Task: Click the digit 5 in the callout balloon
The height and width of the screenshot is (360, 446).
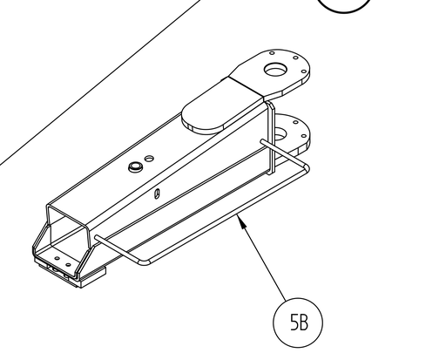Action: tap(294, 323)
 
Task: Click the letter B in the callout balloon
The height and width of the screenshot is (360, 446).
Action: tap(303, 323)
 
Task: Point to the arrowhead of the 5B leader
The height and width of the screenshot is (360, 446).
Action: tap(242, 221)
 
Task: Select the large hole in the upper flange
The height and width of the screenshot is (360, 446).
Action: tap(275, 70)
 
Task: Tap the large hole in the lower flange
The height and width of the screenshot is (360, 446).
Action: tap(280, 134)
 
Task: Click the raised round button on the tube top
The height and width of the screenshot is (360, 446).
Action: tap(134, 167)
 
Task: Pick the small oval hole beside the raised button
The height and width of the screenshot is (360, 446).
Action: tap(149, 159)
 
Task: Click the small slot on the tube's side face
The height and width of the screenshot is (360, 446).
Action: tap(157, 194)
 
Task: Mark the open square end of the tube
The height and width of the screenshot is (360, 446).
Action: tap(69, 228)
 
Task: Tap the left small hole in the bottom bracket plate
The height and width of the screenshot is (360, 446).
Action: tap(57, 258)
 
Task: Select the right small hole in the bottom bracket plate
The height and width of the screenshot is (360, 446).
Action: tap(68, 265)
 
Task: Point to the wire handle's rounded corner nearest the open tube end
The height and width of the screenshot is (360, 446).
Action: tap(143, 262)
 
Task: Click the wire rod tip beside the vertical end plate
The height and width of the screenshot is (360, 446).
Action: tap(262, 141)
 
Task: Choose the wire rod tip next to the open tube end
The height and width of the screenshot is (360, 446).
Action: tap(98, 238)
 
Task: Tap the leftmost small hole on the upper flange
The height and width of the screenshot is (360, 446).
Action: tap(272, 53)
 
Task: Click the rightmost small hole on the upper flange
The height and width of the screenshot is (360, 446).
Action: tap(304, 71)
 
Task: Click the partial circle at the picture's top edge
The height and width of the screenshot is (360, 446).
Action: tap(345, 6)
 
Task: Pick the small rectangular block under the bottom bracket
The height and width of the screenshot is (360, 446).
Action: tap(92, 276)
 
